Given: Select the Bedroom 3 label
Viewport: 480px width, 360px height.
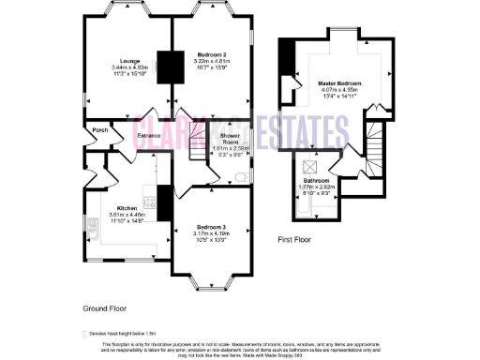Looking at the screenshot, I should click(x=212, y=226).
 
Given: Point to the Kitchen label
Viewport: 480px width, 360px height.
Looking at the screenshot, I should click(x=127, y=208).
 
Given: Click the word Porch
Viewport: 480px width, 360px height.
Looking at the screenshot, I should click(x=100, y=130).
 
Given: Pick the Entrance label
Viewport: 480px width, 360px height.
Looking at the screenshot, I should click(x=150, y=137).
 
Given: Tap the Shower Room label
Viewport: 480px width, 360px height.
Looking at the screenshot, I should click(x=230, y=139).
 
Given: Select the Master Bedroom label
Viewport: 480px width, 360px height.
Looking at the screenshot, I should click(x=342, y=82).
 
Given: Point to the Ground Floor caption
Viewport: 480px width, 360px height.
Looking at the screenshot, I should click(x=105, y=307).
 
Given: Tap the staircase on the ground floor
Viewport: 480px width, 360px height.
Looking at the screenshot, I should click(x=196, y=143).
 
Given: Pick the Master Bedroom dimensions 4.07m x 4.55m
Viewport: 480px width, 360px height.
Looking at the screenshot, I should click(x=342, y=89).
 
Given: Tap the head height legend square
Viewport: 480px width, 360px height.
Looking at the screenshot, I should click(x=85, y=333).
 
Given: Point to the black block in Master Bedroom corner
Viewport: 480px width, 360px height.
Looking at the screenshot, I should click(x=288, y=52).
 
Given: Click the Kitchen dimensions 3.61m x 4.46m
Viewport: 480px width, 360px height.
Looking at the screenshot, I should click(x=127, y=215).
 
